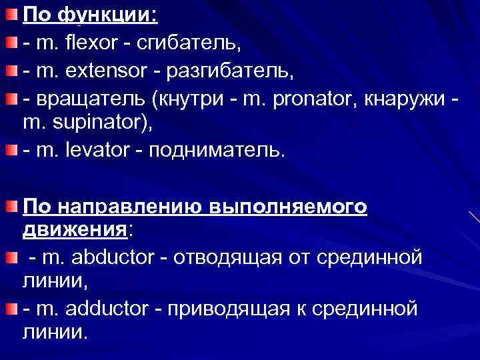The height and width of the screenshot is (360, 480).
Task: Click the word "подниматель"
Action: [x=217, y=151]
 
